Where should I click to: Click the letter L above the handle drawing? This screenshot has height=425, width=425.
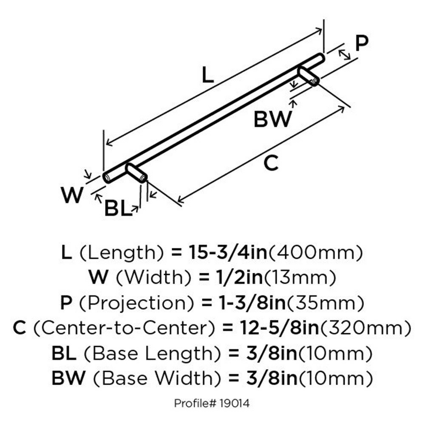pyautogui.click(x=208, y=75)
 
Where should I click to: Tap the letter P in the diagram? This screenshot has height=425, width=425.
pyautogui.click(x=362, y=43)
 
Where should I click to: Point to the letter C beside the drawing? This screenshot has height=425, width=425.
pyautogui.click(x=271, y=163)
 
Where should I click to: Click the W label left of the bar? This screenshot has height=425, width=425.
pyautogui.click(x=72, y=195)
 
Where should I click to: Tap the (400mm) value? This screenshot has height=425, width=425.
pyautogui.click(x=315, y=252)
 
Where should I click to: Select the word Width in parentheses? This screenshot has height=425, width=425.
pyautogui.click(x=154, y=278)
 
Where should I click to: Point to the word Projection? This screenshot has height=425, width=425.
pyautogui.click(x=136, y=303)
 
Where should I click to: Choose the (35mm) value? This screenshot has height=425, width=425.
pyautogui.click(x=325, y=303)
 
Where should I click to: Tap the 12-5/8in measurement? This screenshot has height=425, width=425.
pyautogui.click(x=279, y=328)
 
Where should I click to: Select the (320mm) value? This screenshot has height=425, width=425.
pyautogui.click(x=365, y=328)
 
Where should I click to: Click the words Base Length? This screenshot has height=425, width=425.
pyautogui.click(x=153, y=353)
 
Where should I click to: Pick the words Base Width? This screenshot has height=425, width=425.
pyautogui.click(x=157, y=378)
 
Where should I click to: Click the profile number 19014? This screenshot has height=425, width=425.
pyautogui.click(x=235, y=403)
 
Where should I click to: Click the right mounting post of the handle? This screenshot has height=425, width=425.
pyautogui.click(x=309, y=76)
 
